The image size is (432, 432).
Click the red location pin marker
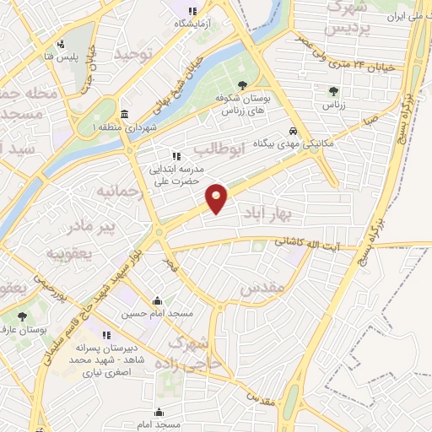pyautogui.click(x=217, y=197)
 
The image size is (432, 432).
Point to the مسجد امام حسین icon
pyautogui.click(x=157, y=300)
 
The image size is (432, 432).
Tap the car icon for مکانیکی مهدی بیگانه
pyautogui.click(x=292, y=131)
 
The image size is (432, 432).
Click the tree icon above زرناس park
pyautogui.click(x=334, y=91)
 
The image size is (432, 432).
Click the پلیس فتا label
pyautogui.click(x=62, y=58)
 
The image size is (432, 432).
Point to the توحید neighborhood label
pyautogui.click(x=136, y=56)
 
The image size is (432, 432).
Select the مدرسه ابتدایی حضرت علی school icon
pyautogui.click(x=176, y=156)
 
